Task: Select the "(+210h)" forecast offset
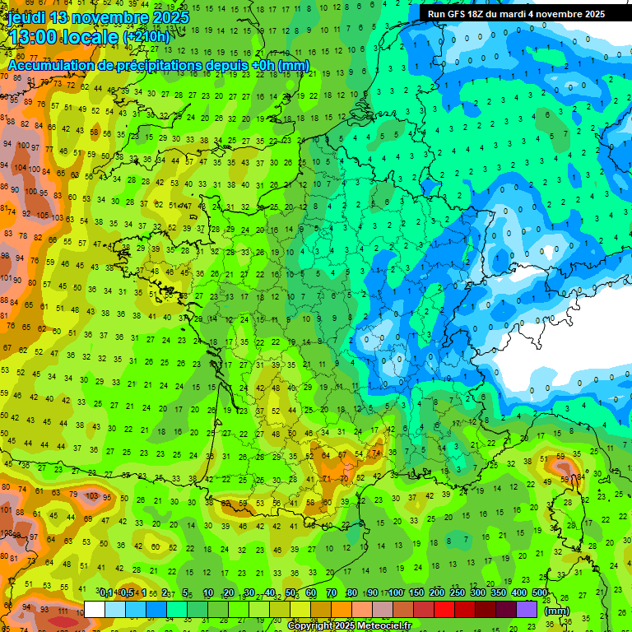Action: tap(146, 37)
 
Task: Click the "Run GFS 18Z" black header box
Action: tap(516, 14)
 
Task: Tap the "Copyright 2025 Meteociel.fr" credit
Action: tap(349, 625)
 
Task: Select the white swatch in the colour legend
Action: tap(94, 609)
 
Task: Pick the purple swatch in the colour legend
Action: tap(527, 609)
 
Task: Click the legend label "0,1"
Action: tap(106, 593)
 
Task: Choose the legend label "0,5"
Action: tap(126, 593)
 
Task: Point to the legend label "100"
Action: tap(396, 593)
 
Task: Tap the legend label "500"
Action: tap(540, 593)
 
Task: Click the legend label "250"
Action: tap(458, 593)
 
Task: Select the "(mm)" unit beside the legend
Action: tap(557, 611)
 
